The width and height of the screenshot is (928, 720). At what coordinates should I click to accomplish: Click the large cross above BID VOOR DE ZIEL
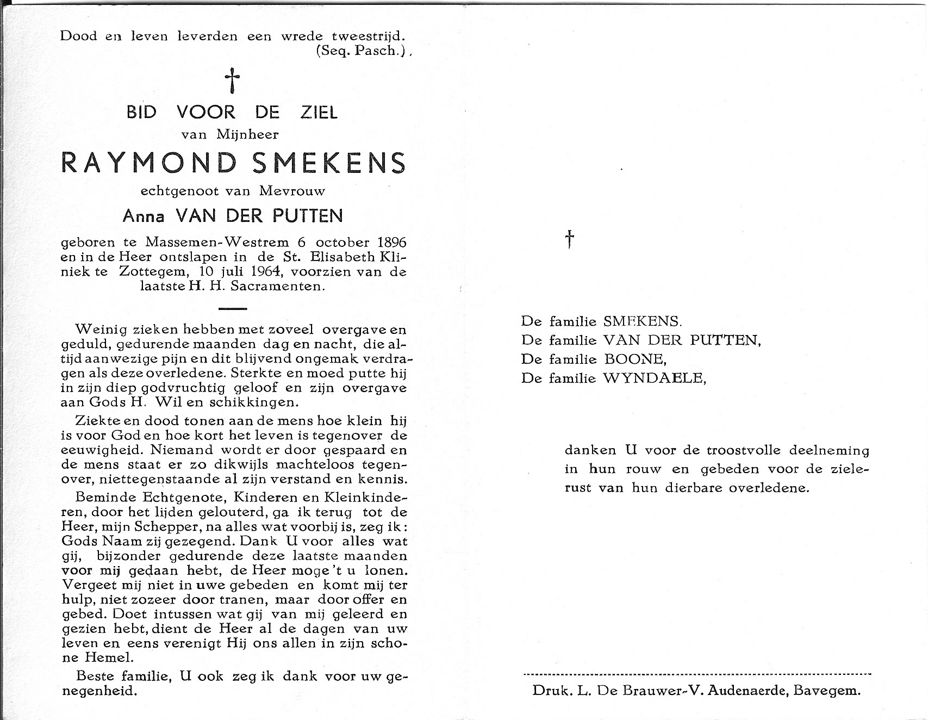click(x=233, y=80)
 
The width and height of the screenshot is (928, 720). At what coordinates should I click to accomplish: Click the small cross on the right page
click(x=569, y=239)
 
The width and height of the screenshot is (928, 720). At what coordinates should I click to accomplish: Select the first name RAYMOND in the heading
click(x=150, y=163)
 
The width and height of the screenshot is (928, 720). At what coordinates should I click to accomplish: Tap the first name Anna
click(x=143, y=216)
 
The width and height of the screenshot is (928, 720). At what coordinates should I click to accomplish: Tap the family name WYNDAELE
click(x=654, y=378)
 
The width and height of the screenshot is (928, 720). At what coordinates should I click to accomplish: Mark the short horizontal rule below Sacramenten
click(x=232, y=308)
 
